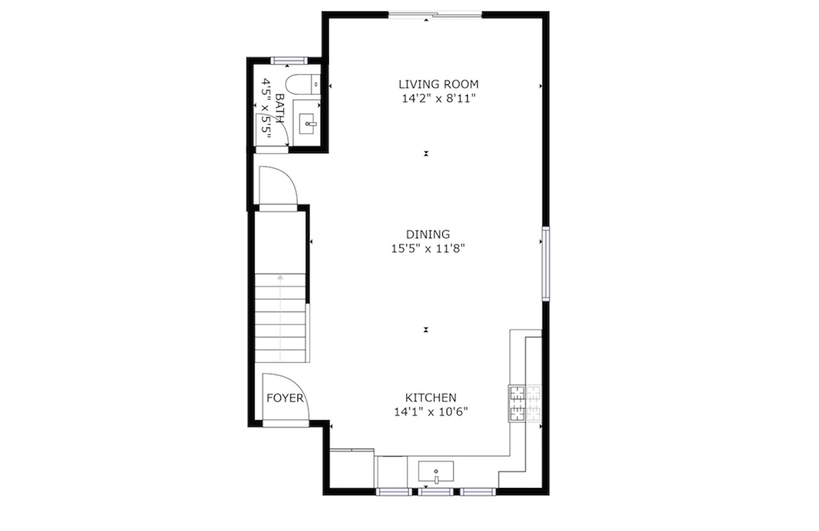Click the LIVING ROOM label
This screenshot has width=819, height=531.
[x=438, y=84]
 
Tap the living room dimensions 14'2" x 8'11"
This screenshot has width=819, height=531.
[x=438, y=99]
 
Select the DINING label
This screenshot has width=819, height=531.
[x=428, y=234]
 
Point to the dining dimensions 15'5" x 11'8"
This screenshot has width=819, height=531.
[x=428, y=249]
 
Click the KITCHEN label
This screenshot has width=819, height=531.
[x=431, y=397]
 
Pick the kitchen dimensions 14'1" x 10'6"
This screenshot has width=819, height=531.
[x=431, y=412]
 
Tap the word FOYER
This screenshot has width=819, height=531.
[x=285, y=398]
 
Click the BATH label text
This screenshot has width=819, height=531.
[x=280, y=108]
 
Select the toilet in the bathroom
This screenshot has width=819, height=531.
[x=303, y=84]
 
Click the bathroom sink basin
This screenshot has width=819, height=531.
[x=307, y=123]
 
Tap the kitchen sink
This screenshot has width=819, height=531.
[x=436, y=471]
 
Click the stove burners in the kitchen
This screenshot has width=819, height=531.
[x=525, y=404]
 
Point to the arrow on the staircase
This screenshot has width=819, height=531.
[x=280, y=318]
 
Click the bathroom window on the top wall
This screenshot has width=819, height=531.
[x=289, y=61]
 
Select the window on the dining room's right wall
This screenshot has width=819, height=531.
[x=546, y=264]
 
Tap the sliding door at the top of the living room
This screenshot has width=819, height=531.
[x=435, y=15]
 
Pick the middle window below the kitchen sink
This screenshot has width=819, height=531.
[x=436, y=492]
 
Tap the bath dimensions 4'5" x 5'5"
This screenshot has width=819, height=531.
[x=266, y=108]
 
